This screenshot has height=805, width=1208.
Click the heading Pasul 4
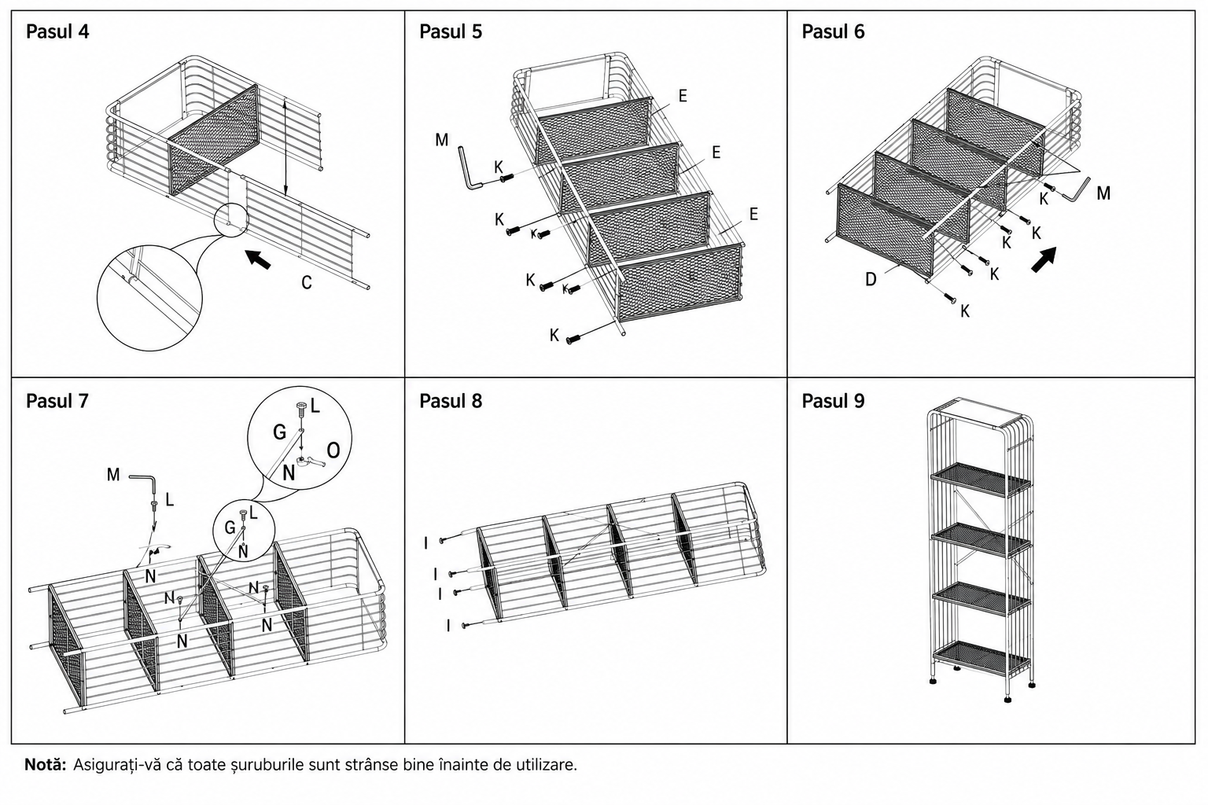(x=57, y=31)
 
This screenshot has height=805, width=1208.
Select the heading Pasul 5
(x=451, y=31)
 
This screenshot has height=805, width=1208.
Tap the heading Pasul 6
(x=833, y=31)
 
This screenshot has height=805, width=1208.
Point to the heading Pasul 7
(x=57, y=401)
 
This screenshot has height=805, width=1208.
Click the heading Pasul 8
(x=451, y=401)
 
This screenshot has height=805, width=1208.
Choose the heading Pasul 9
(x=833, y=401)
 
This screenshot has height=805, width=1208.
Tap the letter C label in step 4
(x=306, y=282)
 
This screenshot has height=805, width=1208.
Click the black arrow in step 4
(x=258, y=259)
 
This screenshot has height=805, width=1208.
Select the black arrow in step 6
(x=1043, y=259)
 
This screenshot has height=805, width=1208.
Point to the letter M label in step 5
(x=441, y=140)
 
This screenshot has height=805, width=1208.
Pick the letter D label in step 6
(x=871, y=279)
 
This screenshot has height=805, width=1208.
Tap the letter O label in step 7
(x=333, y=450)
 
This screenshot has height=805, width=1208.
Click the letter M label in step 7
(x=112, y=475)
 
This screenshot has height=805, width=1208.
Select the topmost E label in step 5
(x=683, y=96)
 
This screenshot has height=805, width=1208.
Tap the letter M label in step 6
(x=1103, y=193)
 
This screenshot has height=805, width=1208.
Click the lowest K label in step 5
(x=554, y=336)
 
